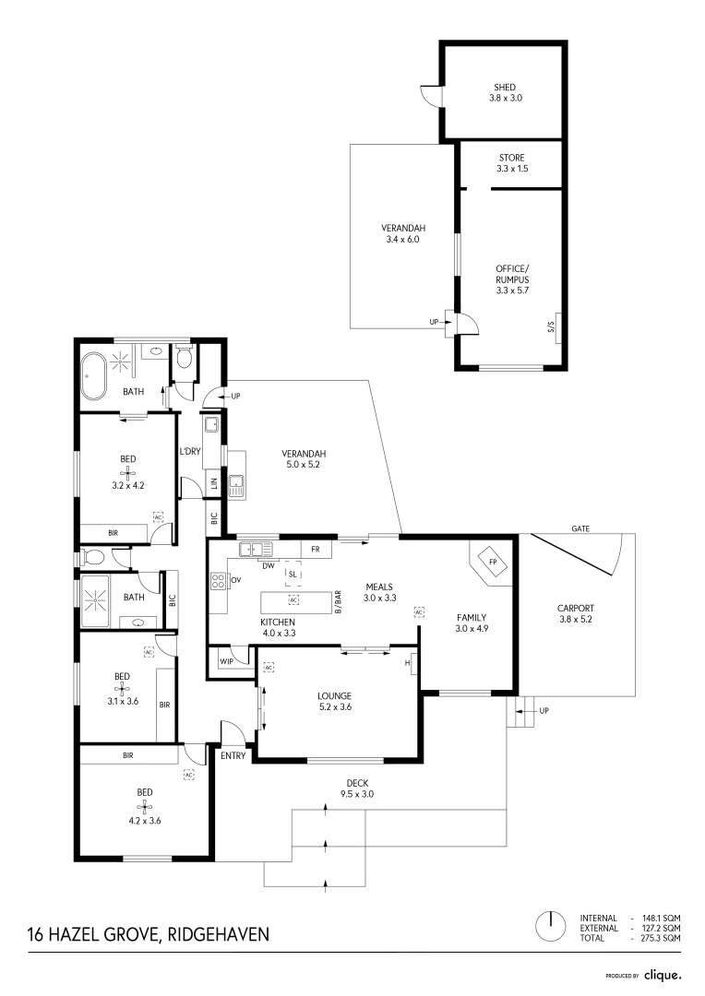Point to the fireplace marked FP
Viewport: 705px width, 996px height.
[493, 562]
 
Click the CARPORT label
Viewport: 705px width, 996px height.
[575, 608]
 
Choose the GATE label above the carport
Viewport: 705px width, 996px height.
[580, 529]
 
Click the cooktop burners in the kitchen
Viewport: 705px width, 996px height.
[220, 581]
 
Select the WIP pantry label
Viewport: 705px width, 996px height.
[226, 661]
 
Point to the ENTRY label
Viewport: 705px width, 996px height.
[233, 755]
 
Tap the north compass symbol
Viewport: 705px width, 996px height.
[550, 926]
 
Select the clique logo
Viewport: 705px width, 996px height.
[663, 974]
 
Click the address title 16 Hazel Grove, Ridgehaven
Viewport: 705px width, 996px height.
[149, 934]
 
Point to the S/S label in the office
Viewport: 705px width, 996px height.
[551, 327]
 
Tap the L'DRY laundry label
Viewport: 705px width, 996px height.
[190, 451]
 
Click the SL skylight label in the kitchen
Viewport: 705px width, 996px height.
[293, 574]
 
